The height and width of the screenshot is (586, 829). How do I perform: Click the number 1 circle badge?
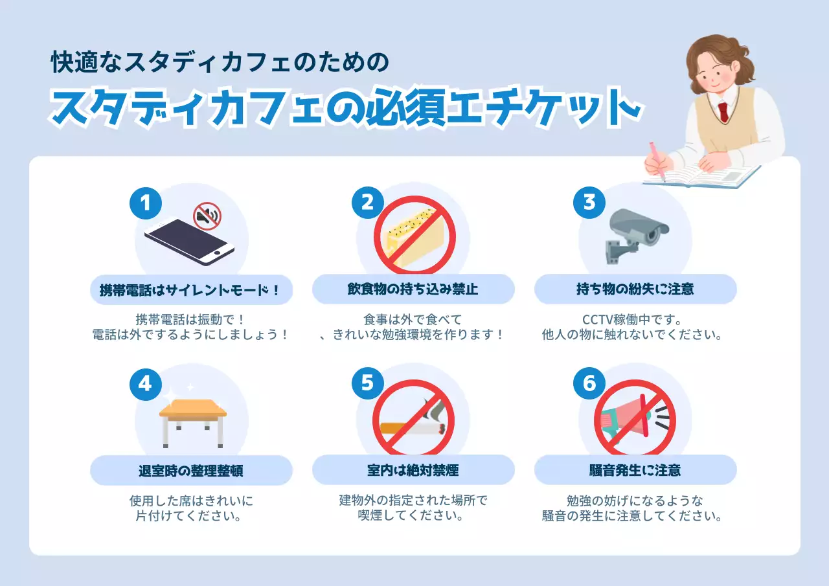coord(146,203)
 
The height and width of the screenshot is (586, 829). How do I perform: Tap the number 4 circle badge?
coord(146,384)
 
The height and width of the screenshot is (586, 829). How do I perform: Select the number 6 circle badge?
coord(589,383)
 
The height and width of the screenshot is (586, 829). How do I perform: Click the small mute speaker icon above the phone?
coord(207,216)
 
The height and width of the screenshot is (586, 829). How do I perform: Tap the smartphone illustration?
coord(189,242)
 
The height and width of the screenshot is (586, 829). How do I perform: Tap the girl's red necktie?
coord(723,112)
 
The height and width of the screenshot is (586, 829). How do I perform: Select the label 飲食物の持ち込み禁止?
coord(413,289)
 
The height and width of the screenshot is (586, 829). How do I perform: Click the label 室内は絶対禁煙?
coord(413,470)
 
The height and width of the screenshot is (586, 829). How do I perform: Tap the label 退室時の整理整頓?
coord(191,471)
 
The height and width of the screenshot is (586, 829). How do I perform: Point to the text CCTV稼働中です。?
coord(632,319)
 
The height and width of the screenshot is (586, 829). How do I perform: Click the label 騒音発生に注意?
coord(635,470)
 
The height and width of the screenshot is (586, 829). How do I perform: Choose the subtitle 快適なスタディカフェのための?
coord(220,62)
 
